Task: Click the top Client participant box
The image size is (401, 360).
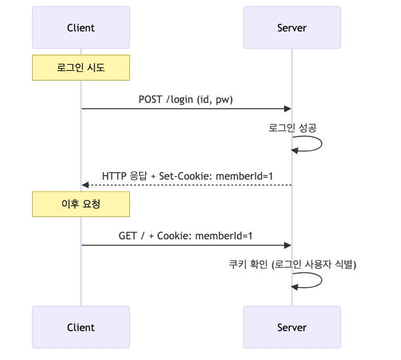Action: coord(81,28)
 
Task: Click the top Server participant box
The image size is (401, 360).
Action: coord(291,28)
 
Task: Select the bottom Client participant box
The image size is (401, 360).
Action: coord(81,327)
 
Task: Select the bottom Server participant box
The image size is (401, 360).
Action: coord(291,327)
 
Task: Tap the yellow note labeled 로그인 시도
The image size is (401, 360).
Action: coord(81,68)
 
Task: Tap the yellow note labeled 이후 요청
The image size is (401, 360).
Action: coord(81,204)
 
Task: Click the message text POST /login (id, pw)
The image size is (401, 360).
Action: coord(186,100)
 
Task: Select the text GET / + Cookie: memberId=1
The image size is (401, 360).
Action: coord(186,235)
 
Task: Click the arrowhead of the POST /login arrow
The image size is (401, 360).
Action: coord(287,109)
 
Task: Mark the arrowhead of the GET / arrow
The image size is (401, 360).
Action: coord(287,245)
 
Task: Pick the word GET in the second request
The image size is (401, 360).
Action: coord(128,235)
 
